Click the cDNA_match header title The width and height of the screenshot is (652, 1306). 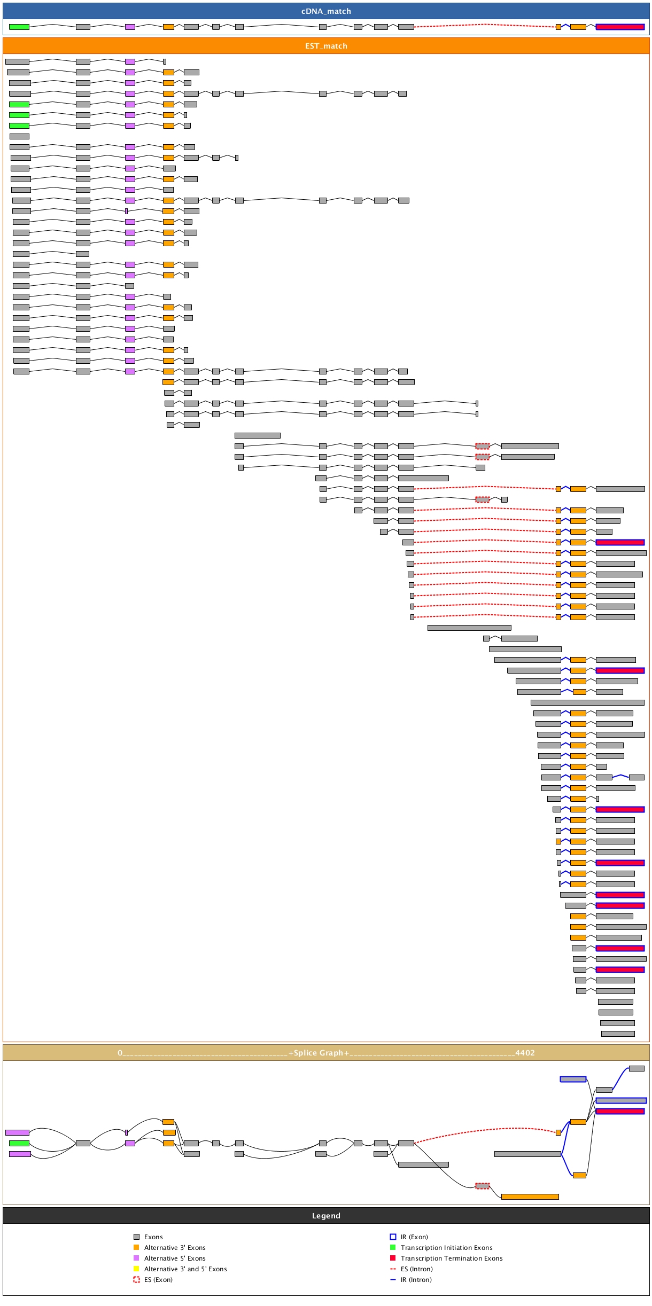[x=326, y=11]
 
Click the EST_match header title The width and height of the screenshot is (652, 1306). [x=326, y=46]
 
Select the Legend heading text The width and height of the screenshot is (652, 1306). [x=326, y=1216]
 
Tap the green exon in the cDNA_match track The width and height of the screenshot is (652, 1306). [x=19, y=27]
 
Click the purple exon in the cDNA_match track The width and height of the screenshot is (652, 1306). [x=130, y=27]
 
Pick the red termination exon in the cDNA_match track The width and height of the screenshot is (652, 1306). [x=620, y=27]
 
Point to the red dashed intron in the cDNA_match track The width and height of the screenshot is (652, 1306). [x=484, y=25]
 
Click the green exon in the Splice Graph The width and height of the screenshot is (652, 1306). [x=19, y=1143]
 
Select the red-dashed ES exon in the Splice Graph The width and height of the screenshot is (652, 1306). [x=482, y=1186]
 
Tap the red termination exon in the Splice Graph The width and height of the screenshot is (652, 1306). [x=620, y=1111]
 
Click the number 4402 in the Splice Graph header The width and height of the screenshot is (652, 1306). [x=525, y=1053]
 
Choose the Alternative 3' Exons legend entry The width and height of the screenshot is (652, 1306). [x=175, y=1248]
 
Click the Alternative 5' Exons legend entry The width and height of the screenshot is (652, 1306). [x=175, y=1258]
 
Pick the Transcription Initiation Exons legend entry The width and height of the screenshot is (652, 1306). [x=446, y=1248]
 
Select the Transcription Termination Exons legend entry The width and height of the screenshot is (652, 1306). [x=452, y=1258]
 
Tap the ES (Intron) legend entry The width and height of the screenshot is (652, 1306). [x=416, y=1269]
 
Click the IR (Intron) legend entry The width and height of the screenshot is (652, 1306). [x=416, y=1280]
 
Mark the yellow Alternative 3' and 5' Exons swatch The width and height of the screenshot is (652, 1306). [x=136, y=1269]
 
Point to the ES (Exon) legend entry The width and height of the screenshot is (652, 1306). [x=158, y=1280]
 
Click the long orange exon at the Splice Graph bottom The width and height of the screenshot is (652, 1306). [x=530, y=1196]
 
